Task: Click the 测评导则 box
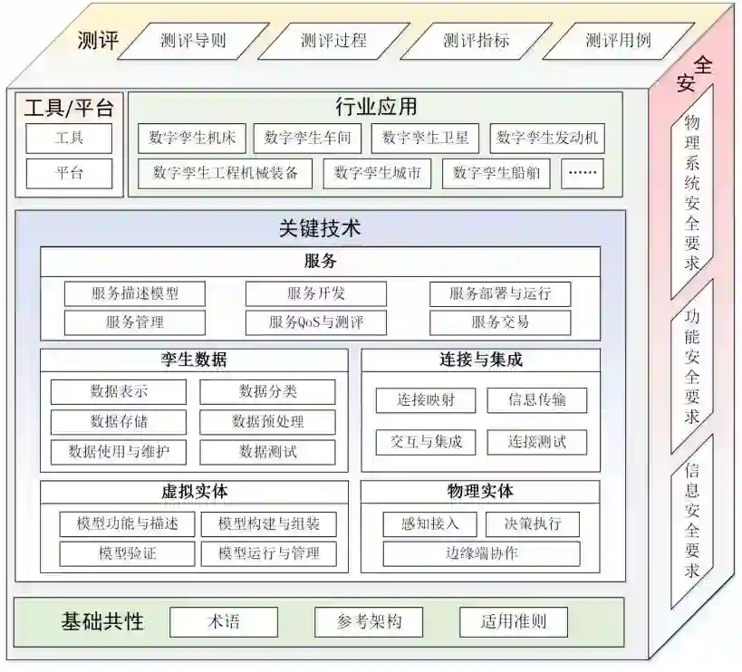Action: pyautogui.click(x=192, y=40)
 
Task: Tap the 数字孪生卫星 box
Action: pyautogui.click(x=426, y=139)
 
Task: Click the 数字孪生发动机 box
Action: pyautogui.click(x=546, y=139)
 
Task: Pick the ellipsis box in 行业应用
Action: pyautogui.click(x=582, y=172)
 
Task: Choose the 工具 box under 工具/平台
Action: pyautogui.click(x=69, y=139)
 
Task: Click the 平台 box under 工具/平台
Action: pyautogui.click(x=69, y=173)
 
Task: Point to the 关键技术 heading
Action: pyautogui.click(x=320, y=228)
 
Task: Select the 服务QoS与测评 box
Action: pyautogui.click(x=315, y=322)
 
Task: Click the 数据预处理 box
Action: pyautogui.click(x=267, y=421)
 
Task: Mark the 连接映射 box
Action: pyautogui.click(x=426, y=399)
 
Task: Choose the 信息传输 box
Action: pyautogui.click(x=537, y=399)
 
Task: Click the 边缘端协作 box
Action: pyautogui.click(x=481, y=552)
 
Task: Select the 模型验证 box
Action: pyautogui.click(x=127, y=552)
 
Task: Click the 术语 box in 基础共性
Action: pyautogui.click(x=223, y=622)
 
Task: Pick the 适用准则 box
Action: pyautogui.click(x=513, y=622)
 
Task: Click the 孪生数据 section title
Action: pyautogui.click(x=194, y=360)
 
